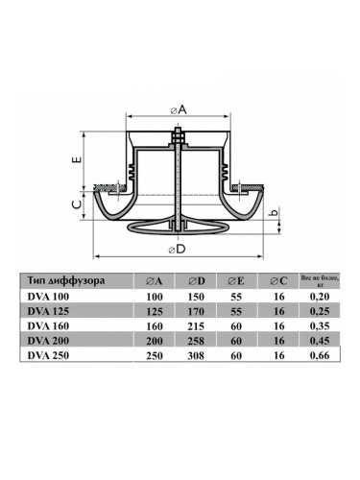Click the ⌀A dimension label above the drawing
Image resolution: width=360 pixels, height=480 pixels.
179,110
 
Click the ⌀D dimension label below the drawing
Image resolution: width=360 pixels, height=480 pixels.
178,249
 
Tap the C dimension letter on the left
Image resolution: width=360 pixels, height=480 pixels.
77,204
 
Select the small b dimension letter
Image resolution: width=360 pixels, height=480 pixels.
275,212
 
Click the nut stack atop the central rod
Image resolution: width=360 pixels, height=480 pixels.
179,136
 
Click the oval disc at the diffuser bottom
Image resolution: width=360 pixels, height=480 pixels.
179,227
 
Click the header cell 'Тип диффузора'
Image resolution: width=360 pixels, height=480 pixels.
66,280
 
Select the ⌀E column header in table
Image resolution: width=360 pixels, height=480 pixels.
236,281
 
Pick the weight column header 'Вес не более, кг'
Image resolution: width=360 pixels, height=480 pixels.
320,280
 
